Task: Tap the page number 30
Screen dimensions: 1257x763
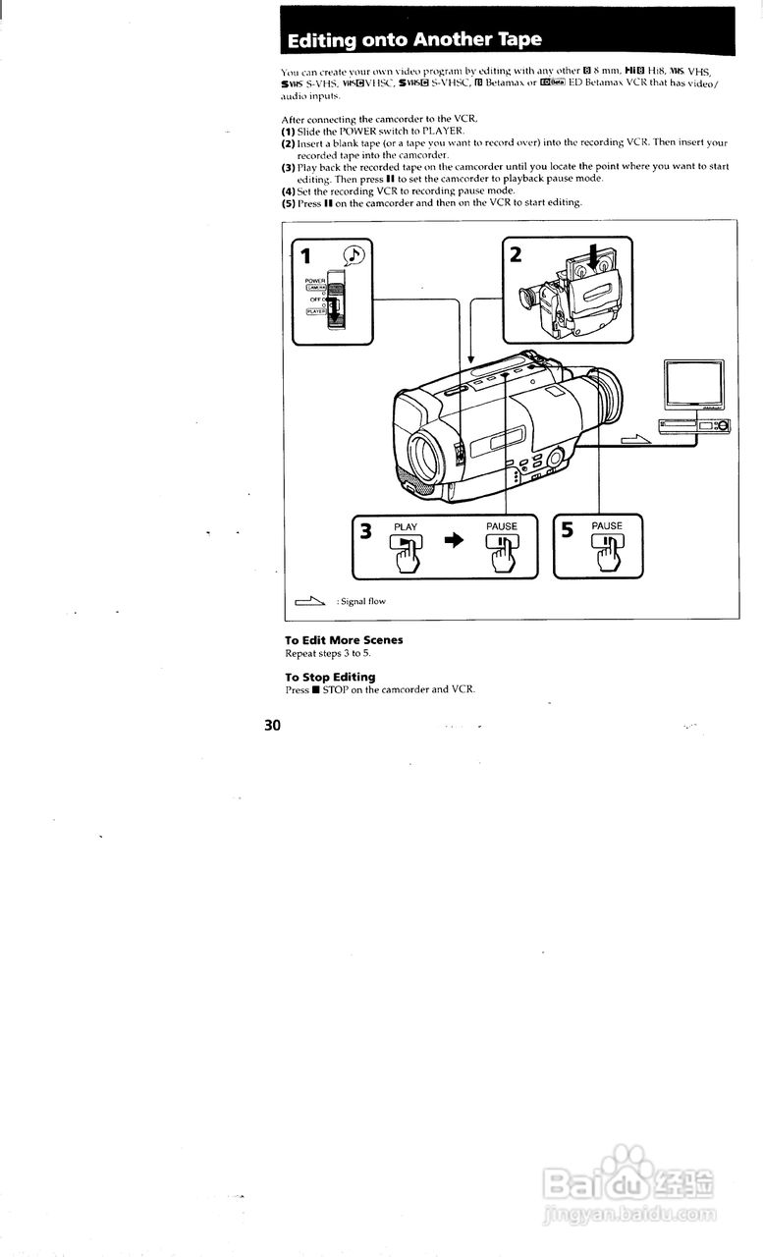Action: coord(272,726)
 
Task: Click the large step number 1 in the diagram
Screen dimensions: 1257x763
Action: coord(305,256)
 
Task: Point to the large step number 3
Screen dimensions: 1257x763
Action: coord(365,532)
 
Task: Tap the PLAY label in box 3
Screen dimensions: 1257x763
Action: coord(406,527)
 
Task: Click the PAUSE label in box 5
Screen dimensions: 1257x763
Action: coord(607,526)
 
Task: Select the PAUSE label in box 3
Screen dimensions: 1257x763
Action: coord(501,527)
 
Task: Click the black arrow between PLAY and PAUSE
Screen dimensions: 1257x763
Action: coord(453,545)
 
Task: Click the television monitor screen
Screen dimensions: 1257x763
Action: coord(694,386)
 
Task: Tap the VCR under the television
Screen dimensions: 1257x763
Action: coord(693,426)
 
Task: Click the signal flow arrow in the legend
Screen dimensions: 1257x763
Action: coord(309,601)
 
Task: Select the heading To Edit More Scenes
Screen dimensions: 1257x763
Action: coord(344,640)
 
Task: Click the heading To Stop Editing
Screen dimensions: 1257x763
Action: coord(330,677)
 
